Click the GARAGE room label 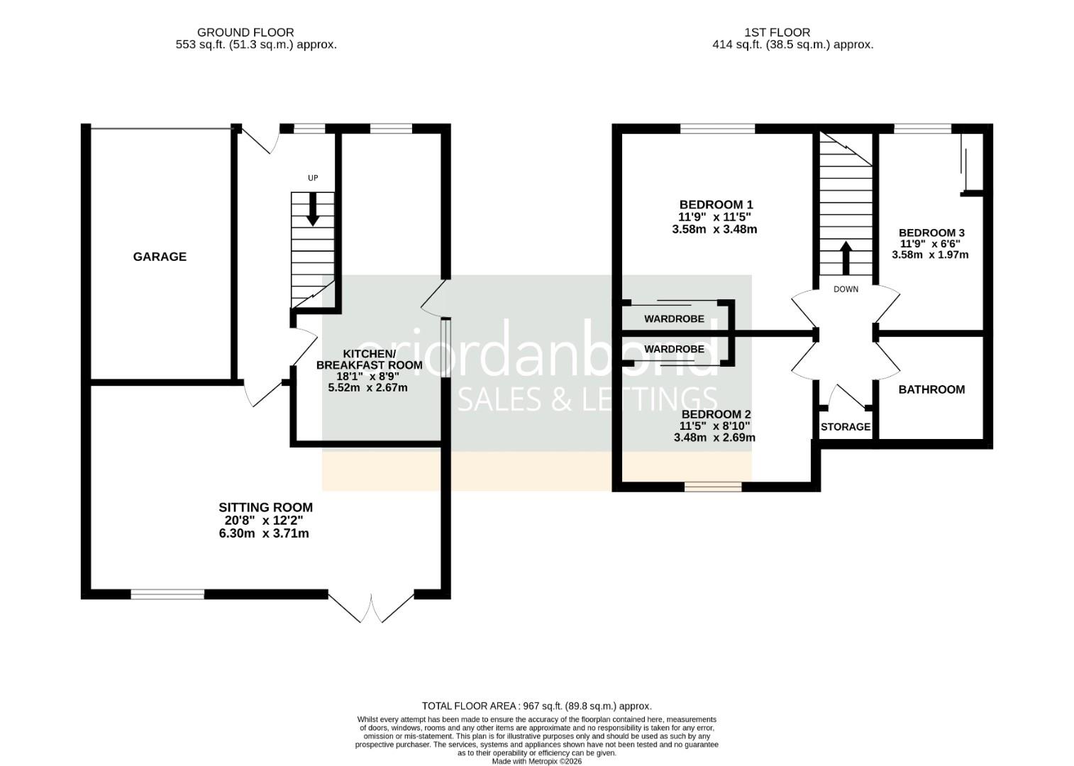click(160, 257)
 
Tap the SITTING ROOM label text click(265, 508)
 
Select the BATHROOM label click(931, 389)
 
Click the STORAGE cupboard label click(845, 427)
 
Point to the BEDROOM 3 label click(931, 233)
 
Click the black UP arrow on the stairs click(312, 211)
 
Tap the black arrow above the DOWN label click(846, 258)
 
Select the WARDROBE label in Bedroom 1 click(674, 319)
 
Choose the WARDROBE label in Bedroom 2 click(674, 349)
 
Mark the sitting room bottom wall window click(167, 594)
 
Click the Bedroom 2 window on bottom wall click(713, 487)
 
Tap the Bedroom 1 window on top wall click(717, 128)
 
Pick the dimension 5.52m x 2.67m click(367, 388)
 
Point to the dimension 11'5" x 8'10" click(714, 426)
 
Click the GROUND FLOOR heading click(245, 32)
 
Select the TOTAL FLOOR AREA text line click(536, 706)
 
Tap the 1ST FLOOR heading click(777, 32)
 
